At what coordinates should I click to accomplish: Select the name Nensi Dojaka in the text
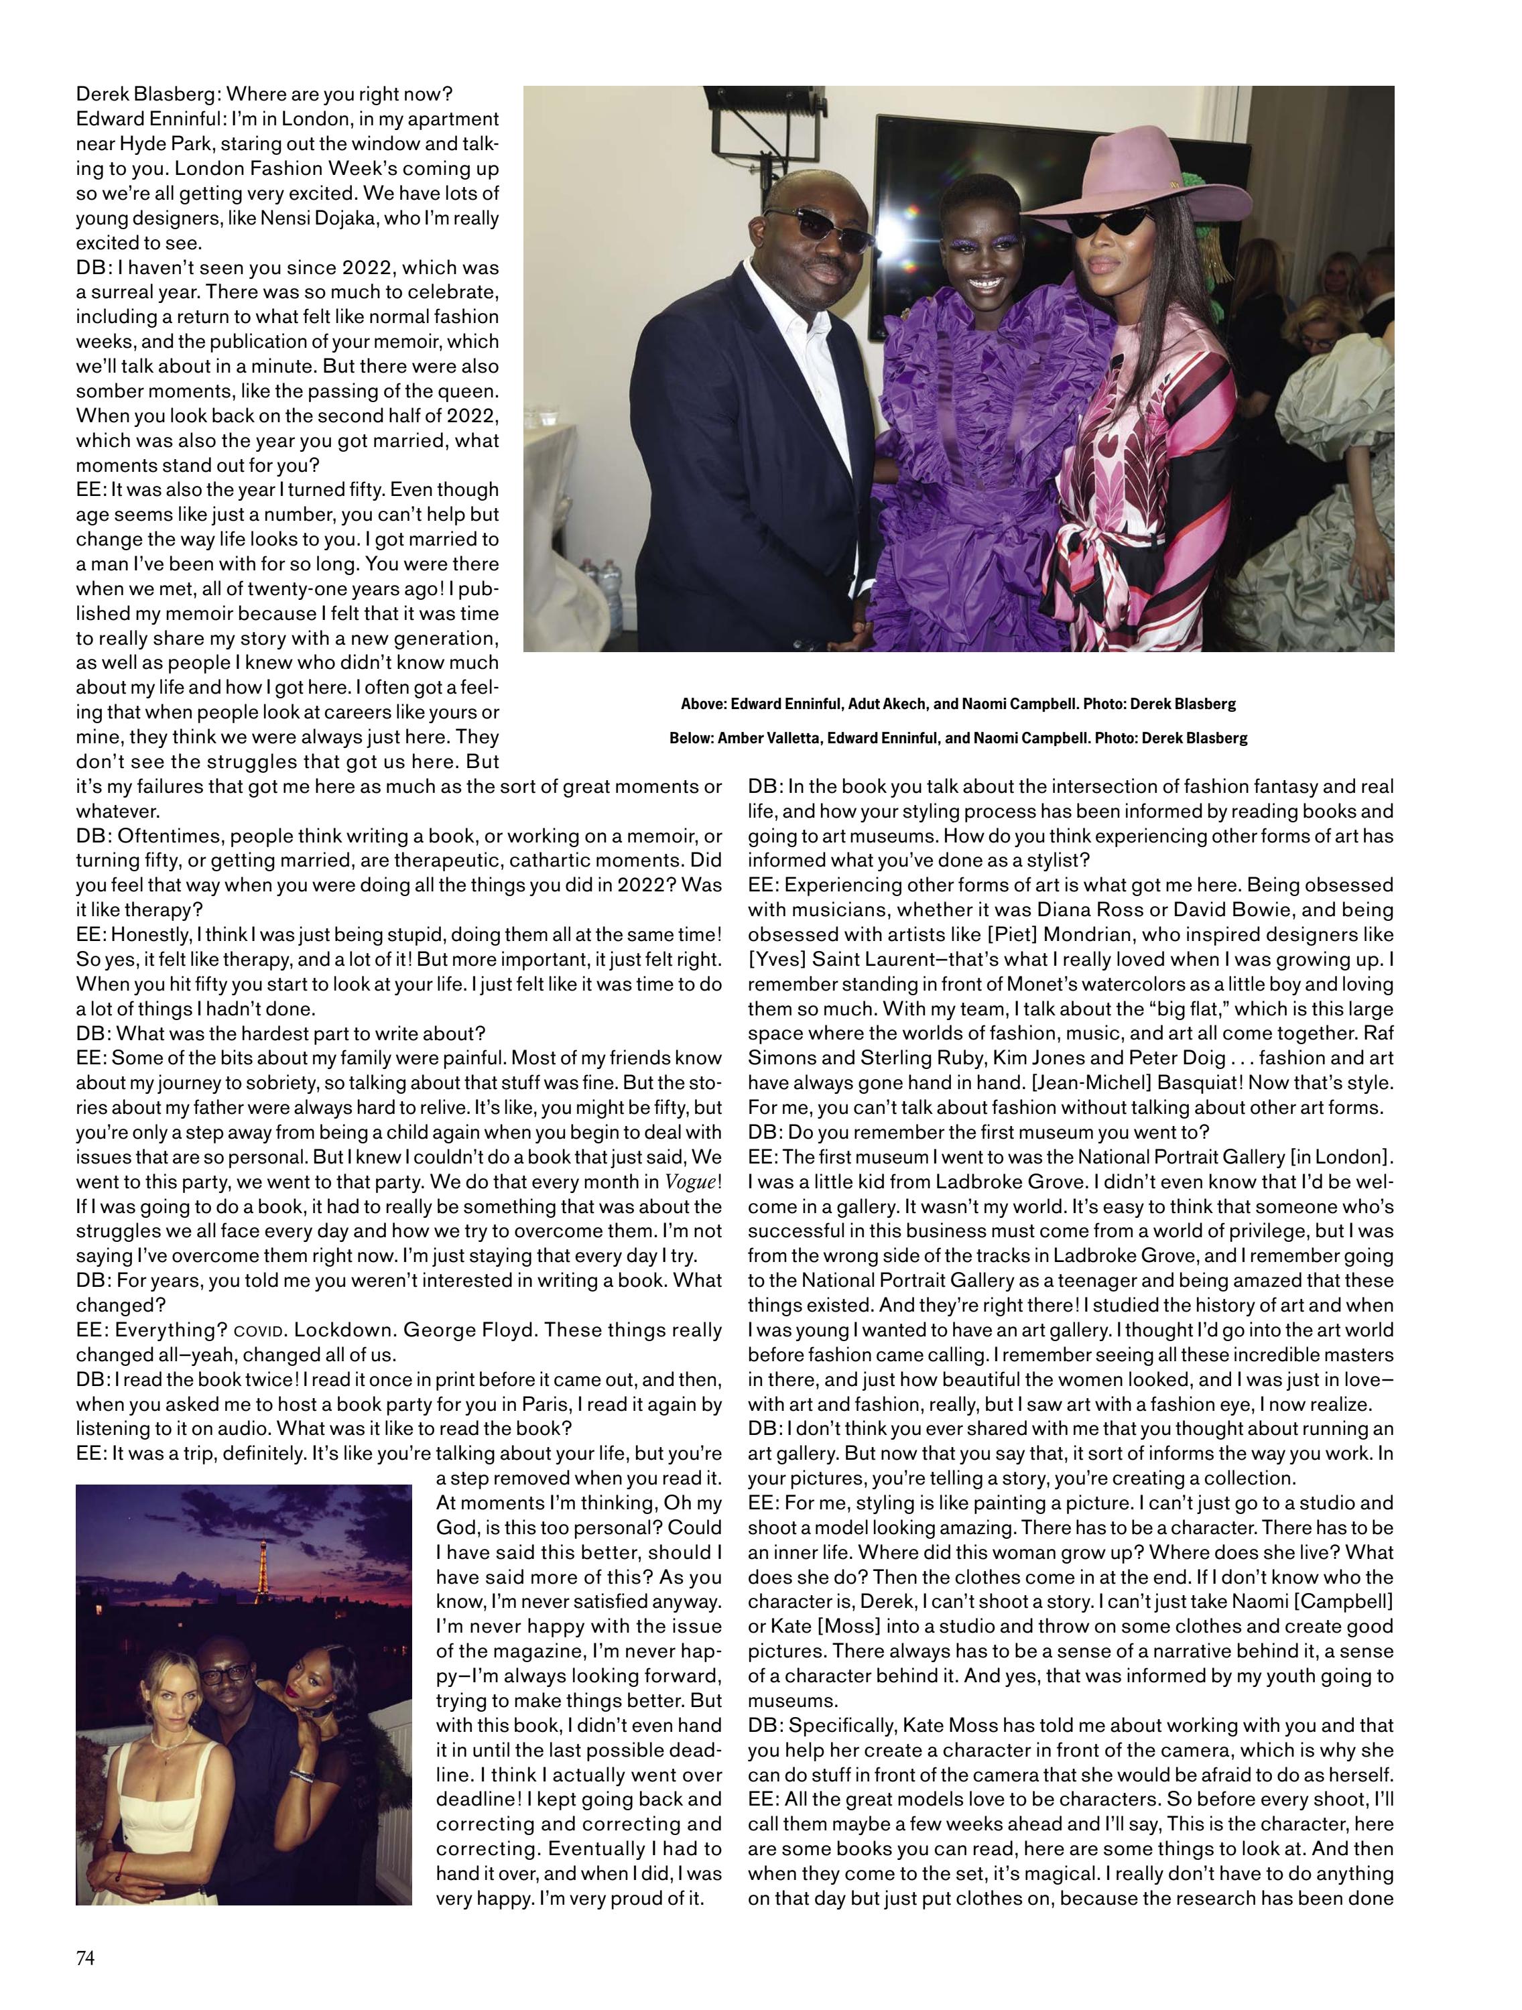click(x=375, y=218)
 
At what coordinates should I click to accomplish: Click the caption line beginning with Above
click(x=958, y=704)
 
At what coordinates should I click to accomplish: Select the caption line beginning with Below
click(x=958, y=738)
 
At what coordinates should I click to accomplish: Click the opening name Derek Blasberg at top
click(x=147, y=95)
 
